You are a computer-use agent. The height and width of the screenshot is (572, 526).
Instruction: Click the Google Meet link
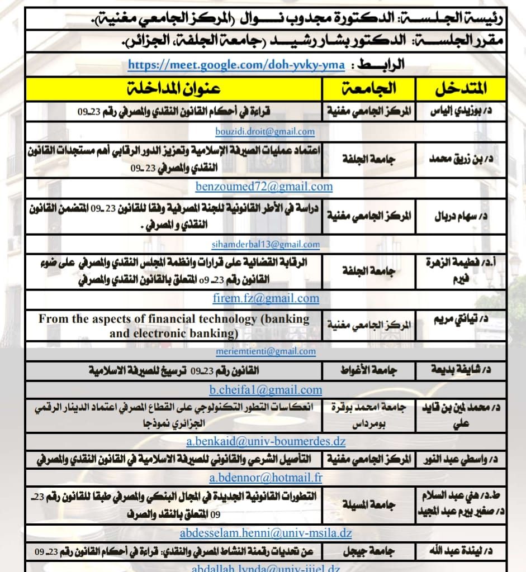tap(236, 65)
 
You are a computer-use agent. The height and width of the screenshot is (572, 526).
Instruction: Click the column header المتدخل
tap(461, 89)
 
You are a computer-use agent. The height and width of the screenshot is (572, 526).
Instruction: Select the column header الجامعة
tap(369, 89)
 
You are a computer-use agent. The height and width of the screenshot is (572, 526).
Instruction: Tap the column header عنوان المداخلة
tap(173, 89)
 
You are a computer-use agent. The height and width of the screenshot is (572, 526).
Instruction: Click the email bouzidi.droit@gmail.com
tap(265, 131)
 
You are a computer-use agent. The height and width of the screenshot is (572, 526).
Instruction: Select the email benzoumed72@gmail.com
tap(264, 187)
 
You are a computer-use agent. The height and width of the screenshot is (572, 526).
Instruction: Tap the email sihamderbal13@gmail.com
tap(266, 244)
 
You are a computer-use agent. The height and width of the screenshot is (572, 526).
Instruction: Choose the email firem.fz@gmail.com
tap(266, 298)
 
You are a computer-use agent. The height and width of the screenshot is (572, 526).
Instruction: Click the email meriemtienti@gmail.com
tap(266, 351)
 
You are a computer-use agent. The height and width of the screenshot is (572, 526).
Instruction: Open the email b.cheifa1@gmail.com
tap(266, 390)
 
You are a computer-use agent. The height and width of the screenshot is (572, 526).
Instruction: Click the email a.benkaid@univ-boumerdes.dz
tap(266, 441)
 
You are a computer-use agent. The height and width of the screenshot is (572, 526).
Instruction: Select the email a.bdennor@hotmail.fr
tap(266, 478)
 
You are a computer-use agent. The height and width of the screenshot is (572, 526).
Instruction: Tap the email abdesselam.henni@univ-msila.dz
tap(266, 533)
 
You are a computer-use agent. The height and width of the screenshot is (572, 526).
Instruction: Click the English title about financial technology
tap(174, 326)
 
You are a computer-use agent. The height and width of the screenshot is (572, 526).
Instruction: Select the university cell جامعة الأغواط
tap(369, 370)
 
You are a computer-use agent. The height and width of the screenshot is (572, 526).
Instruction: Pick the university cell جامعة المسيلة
tap(369, 505)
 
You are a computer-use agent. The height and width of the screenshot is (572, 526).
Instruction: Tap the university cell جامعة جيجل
tap(369, 551)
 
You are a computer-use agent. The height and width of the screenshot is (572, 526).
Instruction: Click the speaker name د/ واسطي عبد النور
tap(461, 460)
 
